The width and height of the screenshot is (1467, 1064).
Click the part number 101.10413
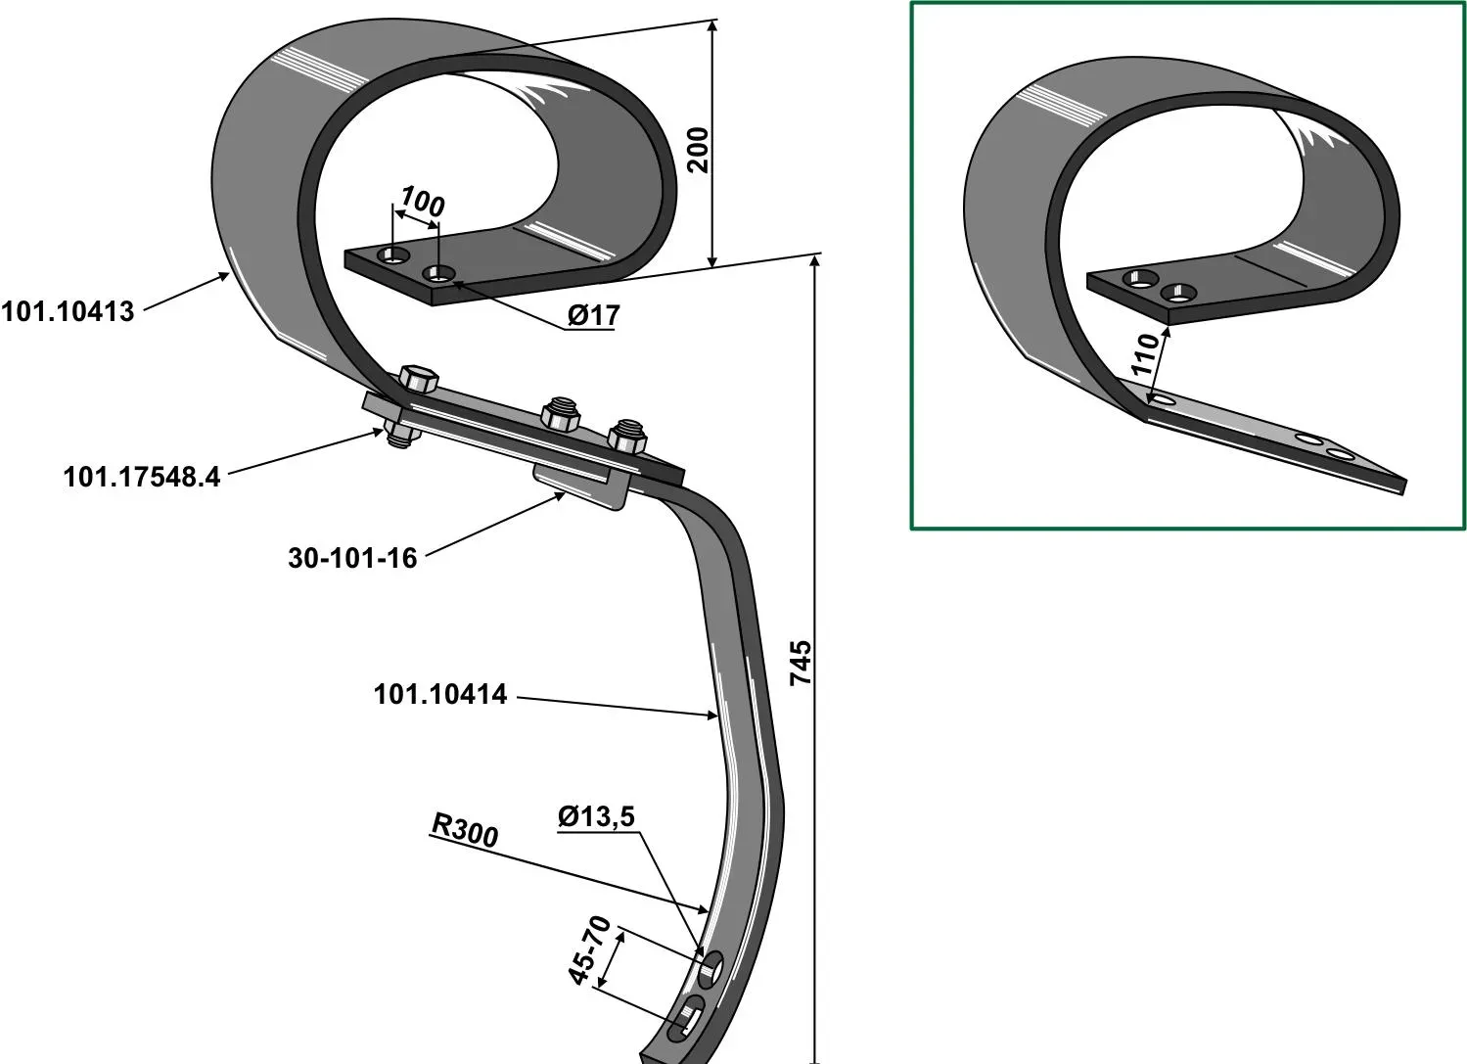(x=68, y=311)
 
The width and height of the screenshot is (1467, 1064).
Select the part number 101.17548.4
(x=142, y=477)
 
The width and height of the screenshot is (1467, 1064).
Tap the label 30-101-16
(x=352, y=558)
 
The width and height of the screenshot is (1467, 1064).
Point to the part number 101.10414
(x=440, y=694)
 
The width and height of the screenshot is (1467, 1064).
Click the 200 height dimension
(x=698, y=150)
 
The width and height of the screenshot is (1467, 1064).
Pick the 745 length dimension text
(x=801, y=664)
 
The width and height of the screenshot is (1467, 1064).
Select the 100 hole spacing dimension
(x=423, y=201)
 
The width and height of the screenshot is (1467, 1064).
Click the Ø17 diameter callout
(x=593, y=316)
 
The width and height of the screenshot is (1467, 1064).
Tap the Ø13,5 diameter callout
(x=597, y=816)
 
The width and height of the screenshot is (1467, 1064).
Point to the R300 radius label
(x=465, y=831)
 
